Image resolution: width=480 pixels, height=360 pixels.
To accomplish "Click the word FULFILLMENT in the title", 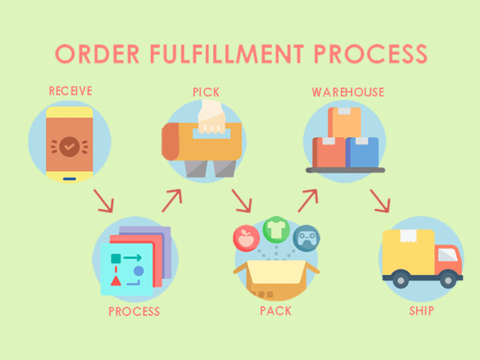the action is point(227,54).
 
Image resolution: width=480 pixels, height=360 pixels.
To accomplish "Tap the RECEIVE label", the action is point(70,91).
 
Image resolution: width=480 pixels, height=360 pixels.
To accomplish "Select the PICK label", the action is point(206,92).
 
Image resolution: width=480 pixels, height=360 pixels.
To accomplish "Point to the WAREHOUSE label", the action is point(348,92).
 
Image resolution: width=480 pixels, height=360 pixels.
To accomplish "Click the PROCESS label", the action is point(134,311).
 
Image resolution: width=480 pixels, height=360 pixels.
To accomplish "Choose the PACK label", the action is point(275,311).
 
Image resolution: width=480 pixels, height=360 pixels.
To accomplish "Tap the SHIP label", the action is point(422,311).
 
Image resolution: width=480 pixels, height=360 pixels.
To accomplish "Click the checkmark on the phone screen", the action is point(70,147).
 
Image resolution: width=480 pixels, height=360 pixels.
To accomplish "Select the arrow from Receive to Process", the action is point(104,200).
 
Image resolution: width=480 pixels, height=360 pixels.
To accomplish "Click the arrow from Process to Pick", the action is point(172,200).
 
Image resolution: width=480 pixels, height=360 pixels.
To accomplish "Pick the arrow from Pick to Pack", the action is point(241,200).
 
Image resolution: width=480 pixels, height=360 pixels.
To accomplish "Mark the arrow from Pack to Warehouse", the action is point(308,200).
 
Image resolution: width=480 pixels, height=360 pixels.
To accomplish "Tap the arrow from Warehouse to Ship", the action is point(380,200).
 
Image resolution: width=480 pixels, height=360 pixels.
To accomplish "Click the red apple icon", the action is point(246,238).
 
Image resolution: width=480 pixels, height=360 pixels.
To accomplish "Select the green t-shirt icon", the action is point(276,230).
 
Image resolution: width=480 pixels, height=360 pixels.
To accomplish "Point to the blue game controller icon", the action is point(307,238).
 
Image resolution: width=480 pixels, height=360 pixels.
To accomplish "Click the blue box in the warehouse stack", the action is point(362,152).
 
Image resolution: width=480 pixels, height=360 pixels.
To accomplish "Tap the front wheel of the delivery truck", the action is point(448,280).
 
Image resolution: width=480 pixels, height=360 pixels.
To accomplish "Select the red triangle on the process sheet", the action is point(116,281).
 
